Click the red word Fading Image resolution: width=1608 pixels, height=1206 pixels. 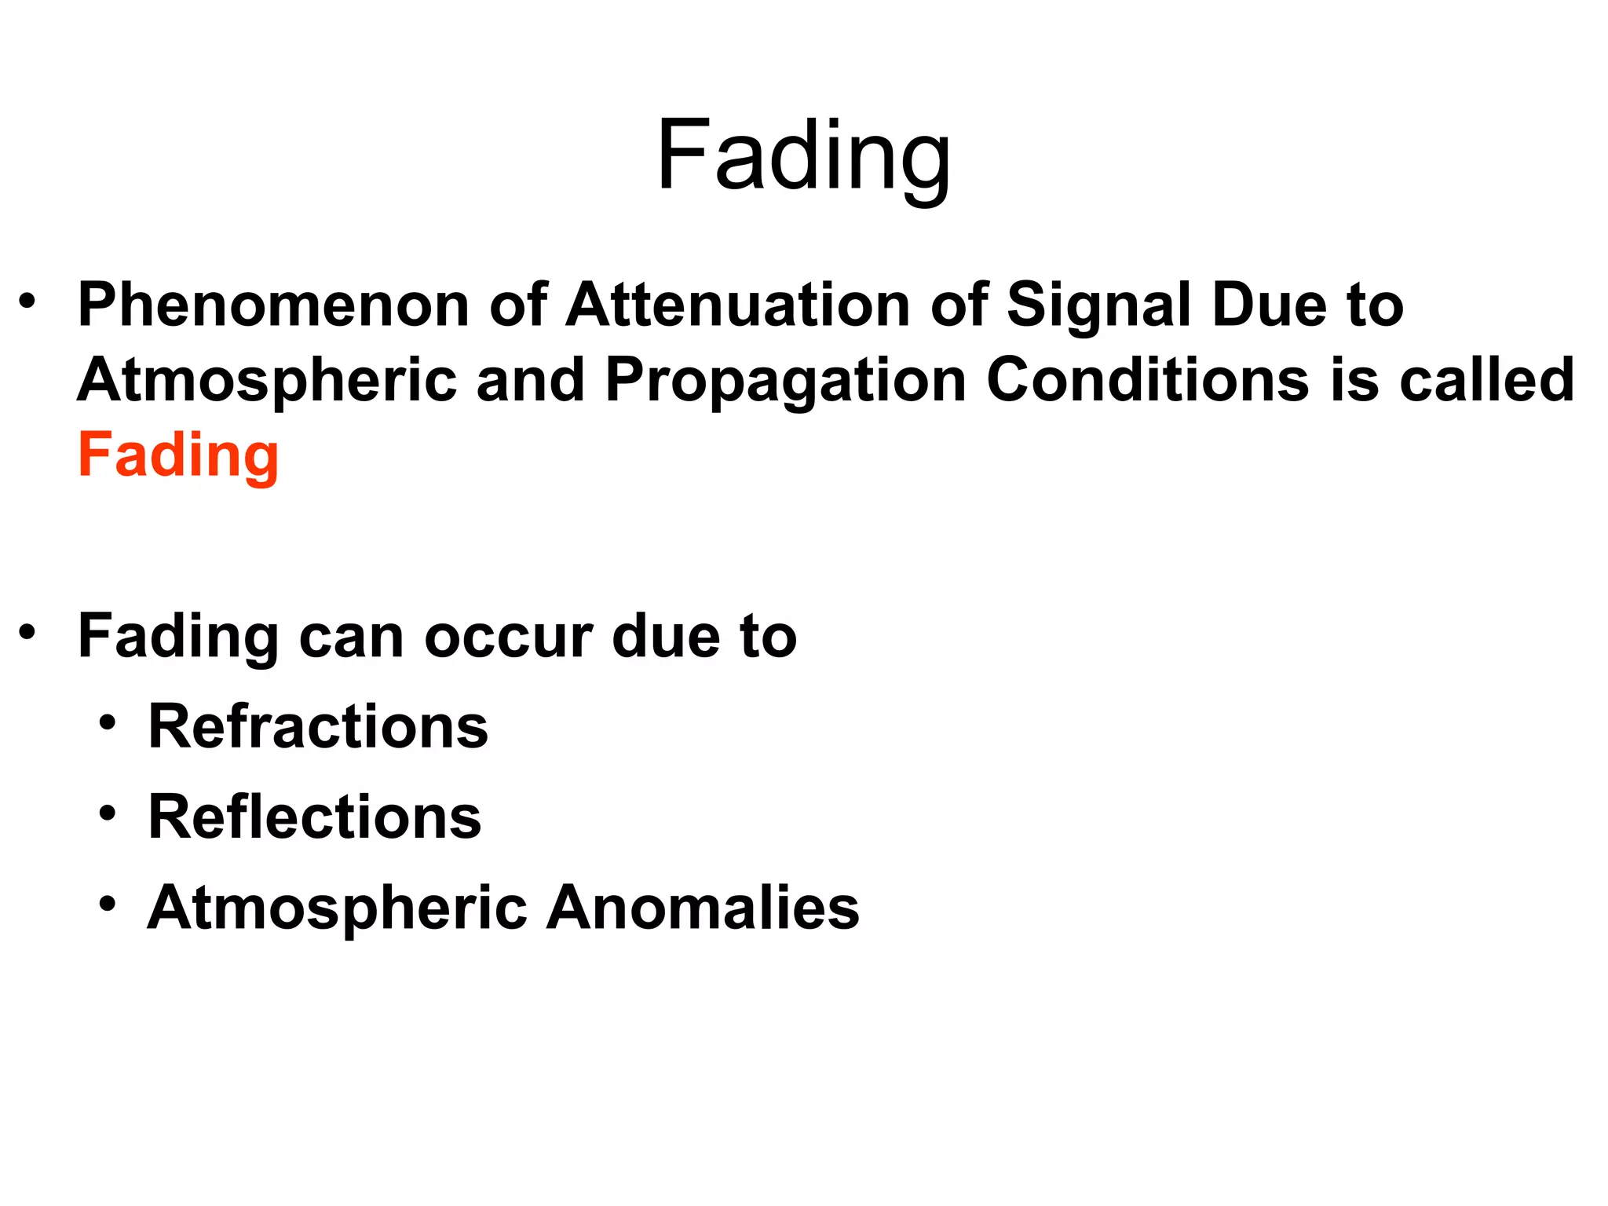178,455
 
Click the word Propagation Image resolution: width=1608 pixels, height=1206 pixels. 785,382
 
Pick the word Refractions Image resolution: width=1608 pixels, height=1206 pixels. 318,726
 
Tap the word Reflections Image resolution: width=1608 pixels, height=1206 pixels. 314,817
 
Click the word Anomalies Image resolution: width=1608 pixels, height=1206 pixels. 703,908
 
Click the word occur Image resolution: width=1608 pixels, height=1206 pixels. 509,636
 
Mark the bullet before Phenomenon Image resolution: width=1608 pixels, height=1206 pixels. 27,301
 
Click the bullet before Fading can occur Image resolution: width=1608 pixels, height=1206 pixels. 27,632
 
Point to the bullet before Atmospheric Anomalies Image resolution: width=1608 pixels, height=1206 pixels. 108,903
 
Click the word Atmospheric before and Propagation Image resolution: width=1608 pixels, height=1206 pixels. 267,382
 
